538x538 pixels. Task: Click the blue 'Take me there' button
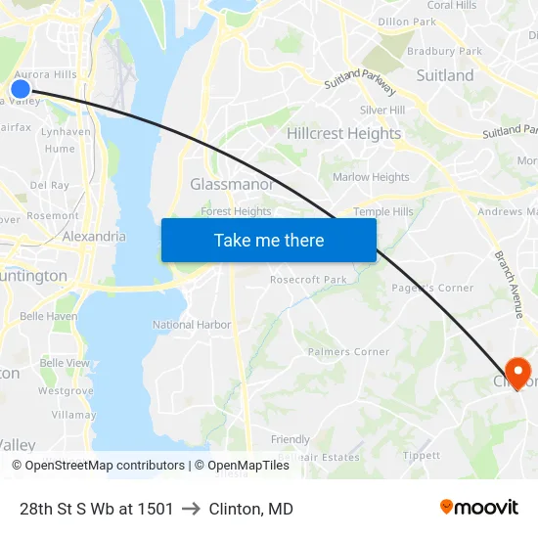(269, 241)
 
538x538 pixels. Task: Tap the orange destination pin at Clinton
(516, 372)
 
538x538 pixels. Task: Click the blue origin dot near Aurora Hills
(20, 89)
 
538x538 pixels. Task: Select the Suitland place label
(444, 75)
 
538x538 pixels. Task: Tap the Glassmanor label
(231, 184)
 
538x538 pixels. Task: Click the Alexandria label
(94, 236)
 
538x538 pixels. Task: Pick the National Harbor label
(192, 325)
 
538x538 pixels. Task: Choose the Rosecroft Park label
(308, 280)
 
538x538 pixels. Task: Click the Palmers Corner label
(348, 352)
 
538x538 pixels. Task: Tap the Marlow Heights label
(371, 177)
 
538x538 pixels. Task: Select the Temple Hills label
(383, 211)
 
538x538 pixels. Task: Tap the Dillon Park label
(406, 22)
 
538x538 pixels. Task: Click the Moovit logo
(479, 508)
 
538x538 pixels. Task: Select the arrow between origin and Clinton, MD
(191, 509)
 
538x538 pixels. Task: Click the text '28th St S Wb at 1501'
(96, 509)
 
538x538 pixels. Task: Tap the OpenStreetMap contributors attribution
(104, 466)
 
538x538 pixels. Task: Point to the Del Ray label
(49, 184)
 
